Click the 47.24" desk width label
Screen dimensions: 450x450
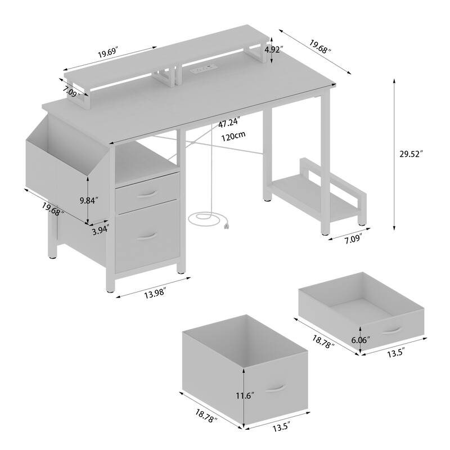[229, 121]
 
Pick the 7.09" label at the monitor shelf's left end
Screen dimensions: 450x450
[70, 92]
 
